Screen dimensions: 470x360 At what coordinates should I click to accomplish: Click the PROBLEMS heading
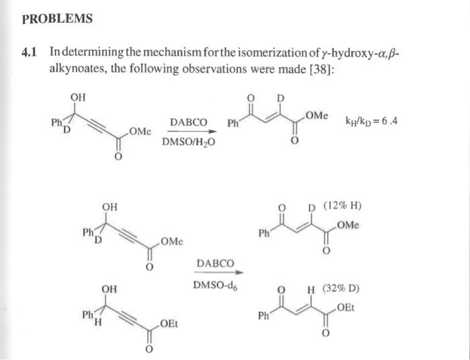[57, 19]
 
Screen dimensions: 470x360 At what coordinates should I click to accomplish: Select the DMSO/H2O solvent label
[188, 142]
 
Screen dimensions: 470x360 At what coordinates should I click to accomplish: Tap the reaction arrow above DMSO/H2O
[188, 132]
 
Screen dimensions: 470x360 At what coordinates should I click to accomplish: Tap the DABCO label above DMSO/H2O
[188, 122]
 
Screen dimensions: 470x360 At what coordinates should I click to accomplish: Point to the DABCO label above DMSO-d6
[216, 262]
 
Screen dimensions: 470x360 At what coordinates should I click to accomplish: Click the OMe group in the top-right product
[316, 116]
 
